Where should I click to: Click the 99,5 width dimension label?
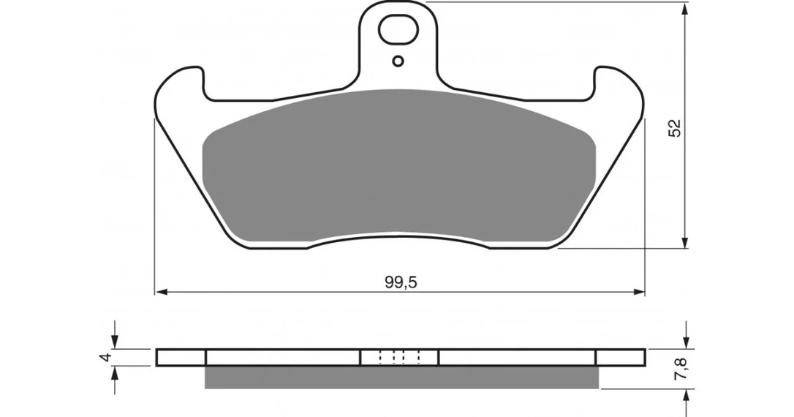coord(401,282)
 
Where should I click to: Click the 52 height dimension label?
coord(675,128)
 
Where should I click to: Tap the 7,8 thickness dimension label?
coord(681,369)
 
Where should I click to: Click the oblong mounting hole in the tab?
coord(398,30)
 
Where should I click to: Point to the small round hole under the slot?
coord(398,61)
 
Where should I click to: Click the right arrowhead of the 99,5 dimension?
coord(638,292)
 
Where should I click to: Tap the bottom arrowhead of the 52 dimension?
coord(685,241)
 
